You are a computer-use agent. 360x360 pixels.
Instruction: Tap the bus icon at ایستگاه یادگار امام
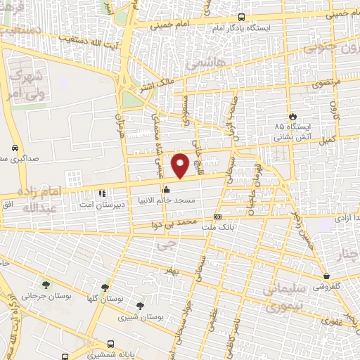click(x=242, y=17)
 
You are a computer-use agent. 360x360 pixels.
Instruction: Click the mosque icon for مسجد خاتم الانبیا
click(x=166, y=189)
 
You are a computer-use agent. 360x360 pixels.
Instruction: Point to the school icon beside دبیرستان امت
click(x=102, y=192)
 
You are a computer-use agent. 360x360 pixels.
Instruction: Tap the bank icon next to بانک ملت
click(x=217, y=217)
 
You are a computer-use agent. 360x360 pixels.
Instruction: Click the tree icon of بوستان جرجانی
click(x=46, y=285)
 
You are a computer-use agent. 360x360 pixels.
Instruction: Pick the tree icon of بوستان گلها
click(x=105, y=287)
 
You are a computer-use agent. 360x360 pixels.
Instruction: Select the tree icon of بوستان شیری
click(x=140, y=306)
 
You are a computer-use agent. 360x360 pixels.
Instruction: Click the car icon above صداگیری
click(x=15, y=148)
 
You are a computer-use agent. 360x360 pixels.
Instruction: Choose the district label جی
click(x=166, y=245)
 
